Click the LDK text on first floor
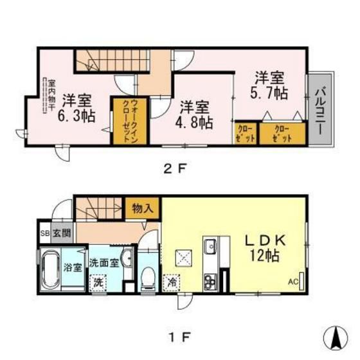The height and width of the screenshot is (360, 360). point(265,240)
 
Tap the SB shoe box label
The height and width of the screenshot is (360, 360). point(46,233)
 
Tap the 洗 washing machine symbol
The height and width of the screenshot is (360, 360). point(98,282)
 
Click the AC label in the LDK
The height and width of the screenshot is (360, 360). point(292,281)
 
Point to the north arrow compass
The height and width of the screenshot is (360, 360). point(334,337)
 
